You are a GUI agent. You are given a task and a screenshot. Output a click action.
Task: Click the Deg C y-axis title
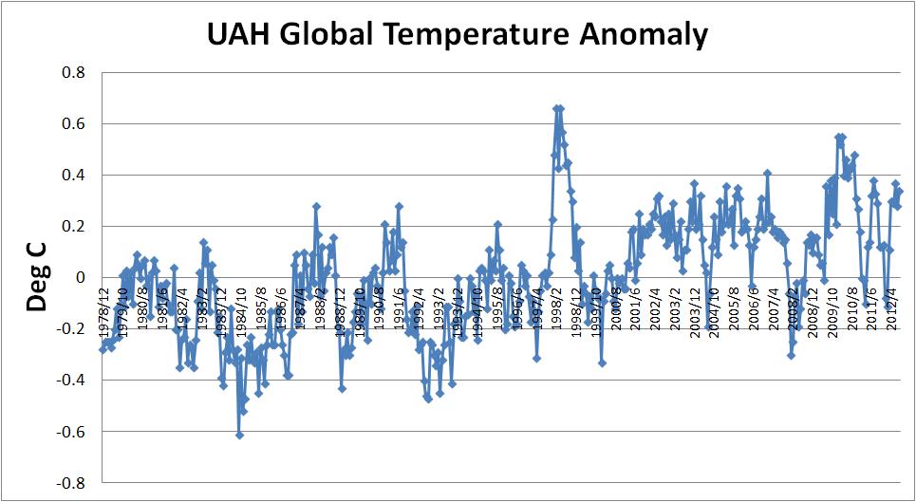pos(35,277)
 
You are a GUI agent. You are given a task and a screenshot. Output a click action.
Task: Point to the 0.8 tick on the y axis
pos(72,73)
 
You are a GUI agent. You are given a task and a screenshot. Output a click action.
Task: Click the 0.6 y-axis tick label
pos(72,124)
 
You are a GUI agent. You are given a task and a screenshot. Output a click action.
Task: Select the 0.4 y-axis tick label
pos(72,176)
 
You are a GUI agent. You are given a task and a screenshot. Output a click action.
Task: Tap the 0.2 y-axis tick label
pos(72,227)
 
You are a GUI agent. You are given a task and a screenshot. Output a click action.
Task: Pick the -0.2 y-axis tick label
pos(69,329)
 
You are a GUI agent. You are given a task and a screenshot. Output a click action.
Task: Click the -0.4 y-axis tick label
pos(69,381)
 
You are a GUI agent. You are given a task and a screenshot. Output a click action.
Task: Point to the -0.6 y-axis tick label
pos(69,432)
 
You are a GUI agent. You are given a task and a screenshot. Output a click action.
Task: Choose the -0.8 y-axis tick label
pos(69,483)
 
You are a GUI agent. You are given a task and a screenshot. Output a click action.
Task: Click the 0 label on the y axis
pos(81,278)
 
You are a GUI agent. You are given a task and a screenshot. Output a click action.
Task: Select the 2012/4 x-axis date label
pos(892,305)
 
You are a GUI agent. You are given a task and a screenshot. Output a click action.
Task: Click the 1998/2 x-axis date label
pos(557,305)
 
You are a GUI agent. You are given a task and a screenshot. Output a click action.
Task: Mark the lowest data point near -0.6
pos(240,435)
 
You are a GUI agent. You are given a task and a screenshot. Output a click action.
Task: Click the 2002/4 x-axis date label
pos(656,305)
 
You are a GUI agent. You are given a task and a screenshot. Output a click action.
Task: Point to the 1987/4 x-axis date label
pos(301,305)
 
